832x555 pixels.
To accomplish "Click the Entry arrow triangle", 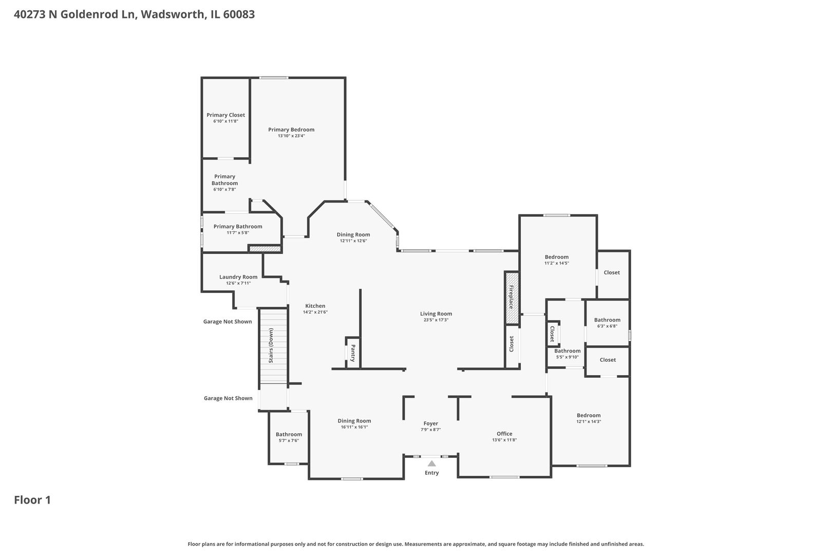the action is [x=431, y=464].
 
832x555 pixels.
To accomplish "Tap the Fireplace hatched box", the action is [x=512, y=298].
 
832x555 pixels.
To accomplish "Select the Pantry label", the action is [x=353, y=353].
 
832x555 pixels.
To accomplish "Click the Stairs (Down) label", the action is [x=271, y=346].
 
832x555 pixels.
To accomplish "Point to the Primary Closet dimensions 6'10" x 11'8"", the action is [x=226, y=121].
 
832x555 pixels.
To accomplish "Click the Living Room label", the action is [x=436, y=314].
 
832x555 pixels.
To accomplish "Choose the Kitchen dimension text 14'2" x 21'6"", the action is [x=315, y=312].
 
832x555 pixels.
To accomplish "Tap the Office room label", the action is [x=504, y=433].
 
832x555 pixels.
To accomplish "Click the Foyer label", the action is [x=431, y=423].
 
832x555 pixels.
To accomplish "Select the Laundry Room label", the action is [x=238, y=277].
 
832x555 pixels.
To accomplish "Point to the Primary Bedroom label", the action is [x=291, y=129].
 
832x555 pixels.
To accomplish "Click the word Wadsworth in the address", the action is [x=173, y=14].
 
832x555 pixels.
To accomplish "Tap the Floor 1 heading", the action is [x=32, y=499].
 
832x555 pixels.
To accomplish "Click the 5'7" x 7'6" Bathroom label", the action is [x=289, y=434].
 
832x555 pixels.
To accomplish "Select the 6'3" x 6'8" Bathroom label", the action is [x=607, y=320].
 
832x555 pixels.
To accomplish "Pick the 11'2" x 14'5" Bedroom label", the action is [x=557, y=257].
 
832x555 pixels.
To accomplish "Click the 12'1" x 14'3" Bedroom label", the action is [x=589, y=415].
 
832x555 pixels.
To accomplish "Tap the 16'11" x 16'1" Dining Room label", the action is [x=354, y=421].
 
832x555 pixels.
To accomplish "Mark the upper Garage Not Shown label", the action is [x=228, y=322].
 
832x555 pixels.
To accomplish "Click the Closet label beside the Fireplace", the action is [x=512, y=344].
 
